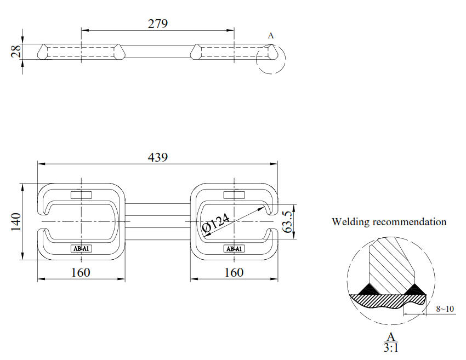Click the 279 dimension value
157,24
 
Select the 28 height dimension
16,52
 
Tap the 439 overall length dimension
157,157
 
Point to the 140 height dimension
15,221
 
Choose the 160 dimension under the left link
81,272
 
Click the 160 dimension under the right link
234,272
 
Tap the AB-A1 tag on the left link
82,249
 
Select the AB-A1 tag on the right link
235,249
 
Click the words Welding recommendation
389,222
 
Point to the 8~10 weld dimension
445,309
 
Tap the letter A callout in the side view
271,36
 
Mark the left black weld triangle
366,288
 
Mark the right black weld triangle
415,288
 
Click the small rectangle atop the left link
82,195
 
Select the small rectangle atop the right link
235,195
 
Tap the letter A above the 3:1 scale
391,335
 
